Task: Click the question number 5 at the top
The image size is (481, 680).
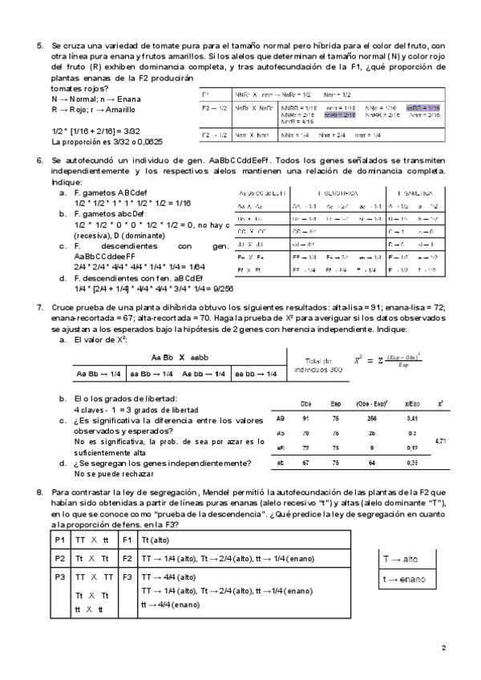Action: (x=39, y=47)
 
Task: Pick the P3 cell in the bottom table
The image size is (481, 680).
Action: (x=49, y=576)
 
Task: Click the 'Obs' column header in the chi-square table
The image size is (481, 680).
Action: (x=305, y=403)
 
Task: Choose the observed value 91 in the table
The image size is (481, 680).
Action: (x=305, y=418)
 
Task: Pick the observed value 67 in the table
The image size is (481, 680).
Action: (x=305, y=463)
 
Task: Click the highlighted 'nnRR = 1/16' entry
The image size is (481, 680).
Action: (x=423, y=107)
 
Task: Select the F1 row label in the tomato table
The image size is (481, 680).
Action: (x=205, y=94)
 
